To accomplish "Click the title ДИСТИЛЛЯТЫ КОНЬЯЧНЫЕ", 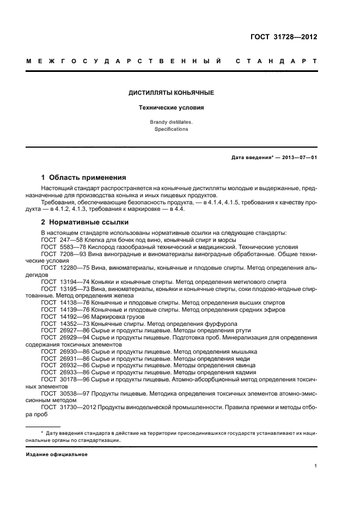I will click(171, 93).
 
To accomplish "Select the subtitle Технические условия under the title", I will click(171, 107).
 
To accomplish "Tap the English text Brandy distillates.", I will click(171, 123).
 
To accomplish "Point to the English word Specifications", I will click(171, 130).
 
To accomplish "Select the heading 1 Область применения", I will click(84, 178).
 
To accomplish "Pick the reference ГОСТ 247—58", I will click(58, 240).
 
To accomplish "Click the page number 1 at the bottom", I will click(316, 466).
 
